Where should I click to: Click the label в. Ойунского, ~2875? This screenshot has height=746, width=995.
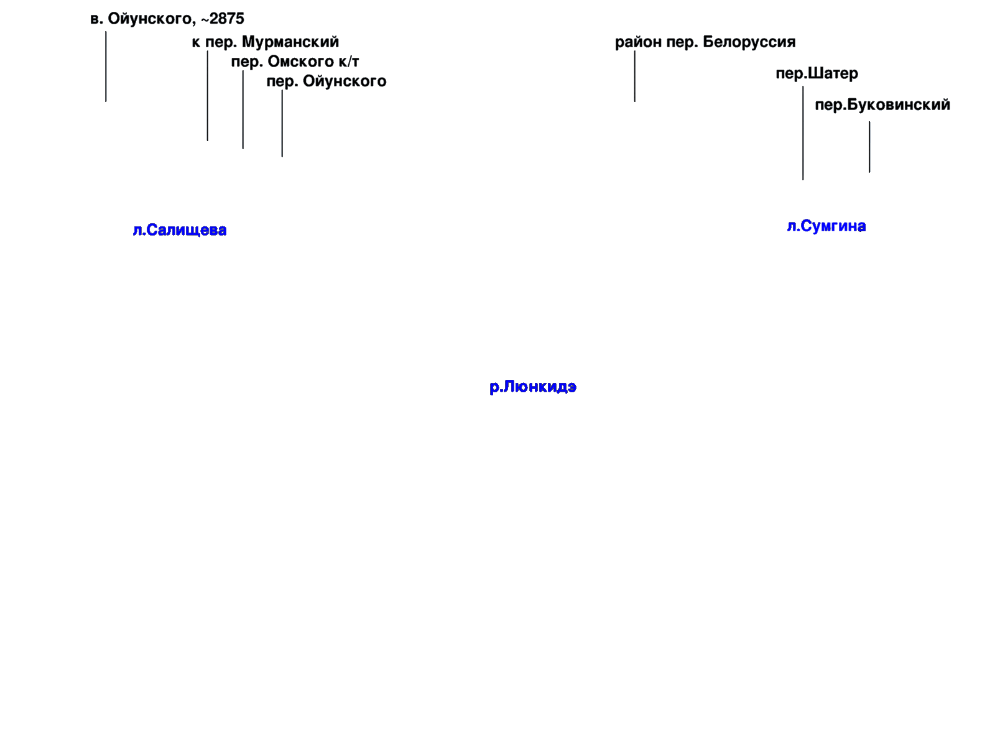[167, 19]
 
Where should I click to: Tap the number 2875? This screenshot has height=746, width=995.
[226, 19]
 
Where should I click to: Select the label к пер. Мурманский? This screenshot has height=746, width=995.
[265, 42]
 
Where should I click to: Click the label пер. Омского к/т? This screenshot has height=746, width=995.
[295, 62]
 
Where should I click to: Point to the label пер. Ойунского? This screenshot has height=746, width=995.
[326, 81]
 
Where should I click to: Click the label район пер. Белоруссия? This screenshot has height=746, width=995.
[705, 42]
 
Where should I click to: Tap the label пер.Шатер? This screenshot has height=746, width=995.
[817, 73]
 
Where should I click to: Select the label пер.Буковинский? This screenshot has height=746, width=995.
[882, 105]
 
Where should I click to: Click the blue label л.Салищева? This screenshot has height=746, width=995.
[180, 230]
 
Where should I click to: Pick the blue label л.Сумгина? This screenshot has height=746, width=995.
[826, 226]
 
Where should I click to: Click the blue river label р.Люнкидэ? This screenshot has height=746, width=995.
[533, 387]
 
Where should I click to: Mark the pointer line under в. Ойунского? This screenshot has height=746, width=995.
[106, 67]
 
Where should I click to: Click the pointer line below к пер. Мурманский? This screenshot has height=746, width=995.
[208, 96]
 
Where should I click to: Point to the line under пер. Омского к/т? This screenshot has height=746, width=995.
[243, 109]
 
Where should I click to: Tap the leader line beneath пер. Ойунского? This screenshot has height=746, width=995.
[282, 123]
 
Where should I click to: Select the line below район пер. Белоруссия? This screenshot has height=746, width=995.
[635, 76]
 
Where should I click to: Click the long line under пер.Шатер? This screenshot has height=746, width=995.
[803, 133]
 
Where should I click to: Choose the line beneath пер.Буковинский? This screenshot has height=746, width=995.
[869, 147]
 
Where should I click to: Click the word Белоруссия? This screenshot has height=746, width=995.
[749, 42]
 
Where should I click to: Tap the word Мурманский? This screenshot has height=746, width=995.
[290, 42]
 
